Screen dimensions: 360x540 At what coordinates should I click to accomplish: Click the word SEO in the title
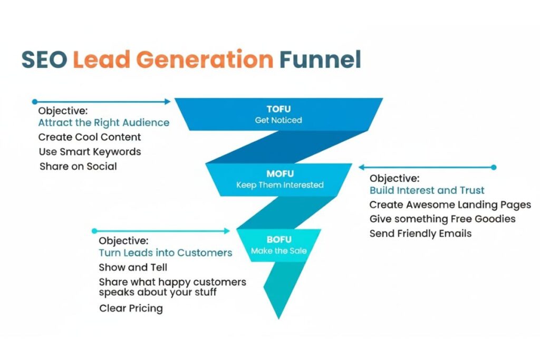click(x=44, y=60)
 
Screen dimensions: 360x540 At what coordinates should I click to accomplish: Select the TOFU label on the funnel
click(x=278, y=109)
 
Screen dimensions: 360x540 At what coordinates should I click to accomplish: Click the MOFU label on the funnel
click(x=279, y=173)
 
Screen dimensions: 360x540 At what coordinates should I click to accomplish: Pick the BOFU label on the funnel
click(x=279, y=240)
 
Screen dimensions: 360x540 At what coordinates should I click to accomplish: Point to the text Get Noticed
click(x=278, y=120)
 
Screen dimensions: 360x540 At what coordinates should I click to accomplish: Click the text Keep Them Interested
click(x=279, y=185)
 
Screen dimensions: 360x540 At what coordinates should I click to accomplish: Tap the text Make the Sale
click(x=279, y=251)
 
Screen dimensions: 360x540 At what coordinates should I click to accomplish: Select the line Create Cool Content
click(x=90, y=137)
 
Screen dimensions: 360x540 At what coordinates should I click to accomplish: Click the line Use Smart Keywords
click(x=90, y=152)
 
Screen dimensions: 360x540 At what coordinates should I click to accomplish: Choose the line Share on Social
click(x=78, y=167)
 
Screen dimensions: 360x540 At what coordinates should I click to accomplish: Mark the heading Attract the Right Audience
click(x=104, y=123)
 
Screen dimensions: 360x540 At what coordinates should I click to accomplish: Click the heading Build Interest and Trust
click(x=427, y=190)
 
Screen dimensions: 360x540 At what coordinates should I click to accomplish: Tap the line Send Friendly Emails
click(x=420, y=233)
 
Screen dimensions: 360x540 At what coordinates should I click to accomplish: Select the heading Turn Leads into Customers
click(x=166, y=253)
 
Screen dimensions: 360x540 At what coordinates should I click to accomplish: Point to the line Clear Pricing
click(x=131, y=308)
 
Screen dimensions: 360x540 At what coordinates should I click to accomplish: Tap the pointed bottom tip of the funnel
click(x=278, y=318)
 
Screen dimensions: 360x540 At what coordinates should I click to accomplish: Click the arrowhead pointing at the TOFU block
click(x=168, y=102)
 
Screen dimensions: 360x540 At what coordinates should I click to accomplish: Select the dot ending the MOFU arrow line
click(x=494, y=168)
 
